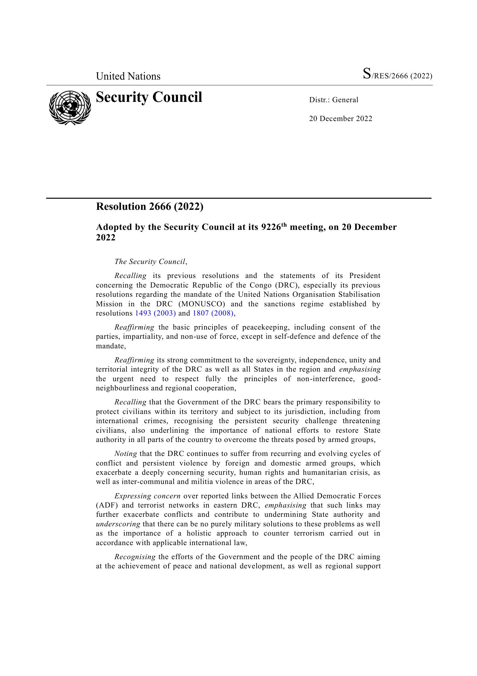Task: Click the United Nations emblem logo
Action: click(70, 108)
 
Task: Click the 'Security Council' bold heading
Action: click(149, 97)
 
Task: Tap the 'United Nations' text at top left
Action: click(128, 76)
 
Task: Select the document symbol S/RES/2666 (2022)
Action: click(397, 75)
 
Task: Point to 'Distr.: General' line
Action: click(334, 100)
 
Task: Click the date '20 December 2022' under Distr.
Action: click(340, 119)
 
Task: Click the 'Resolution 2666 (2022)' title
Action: click(149, 207)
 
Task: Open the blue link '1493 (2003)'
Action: click(155, 313)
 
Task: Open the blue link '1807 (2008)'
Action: click(213, 313)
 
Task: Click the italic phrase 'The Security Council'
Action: click(150, 262)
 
